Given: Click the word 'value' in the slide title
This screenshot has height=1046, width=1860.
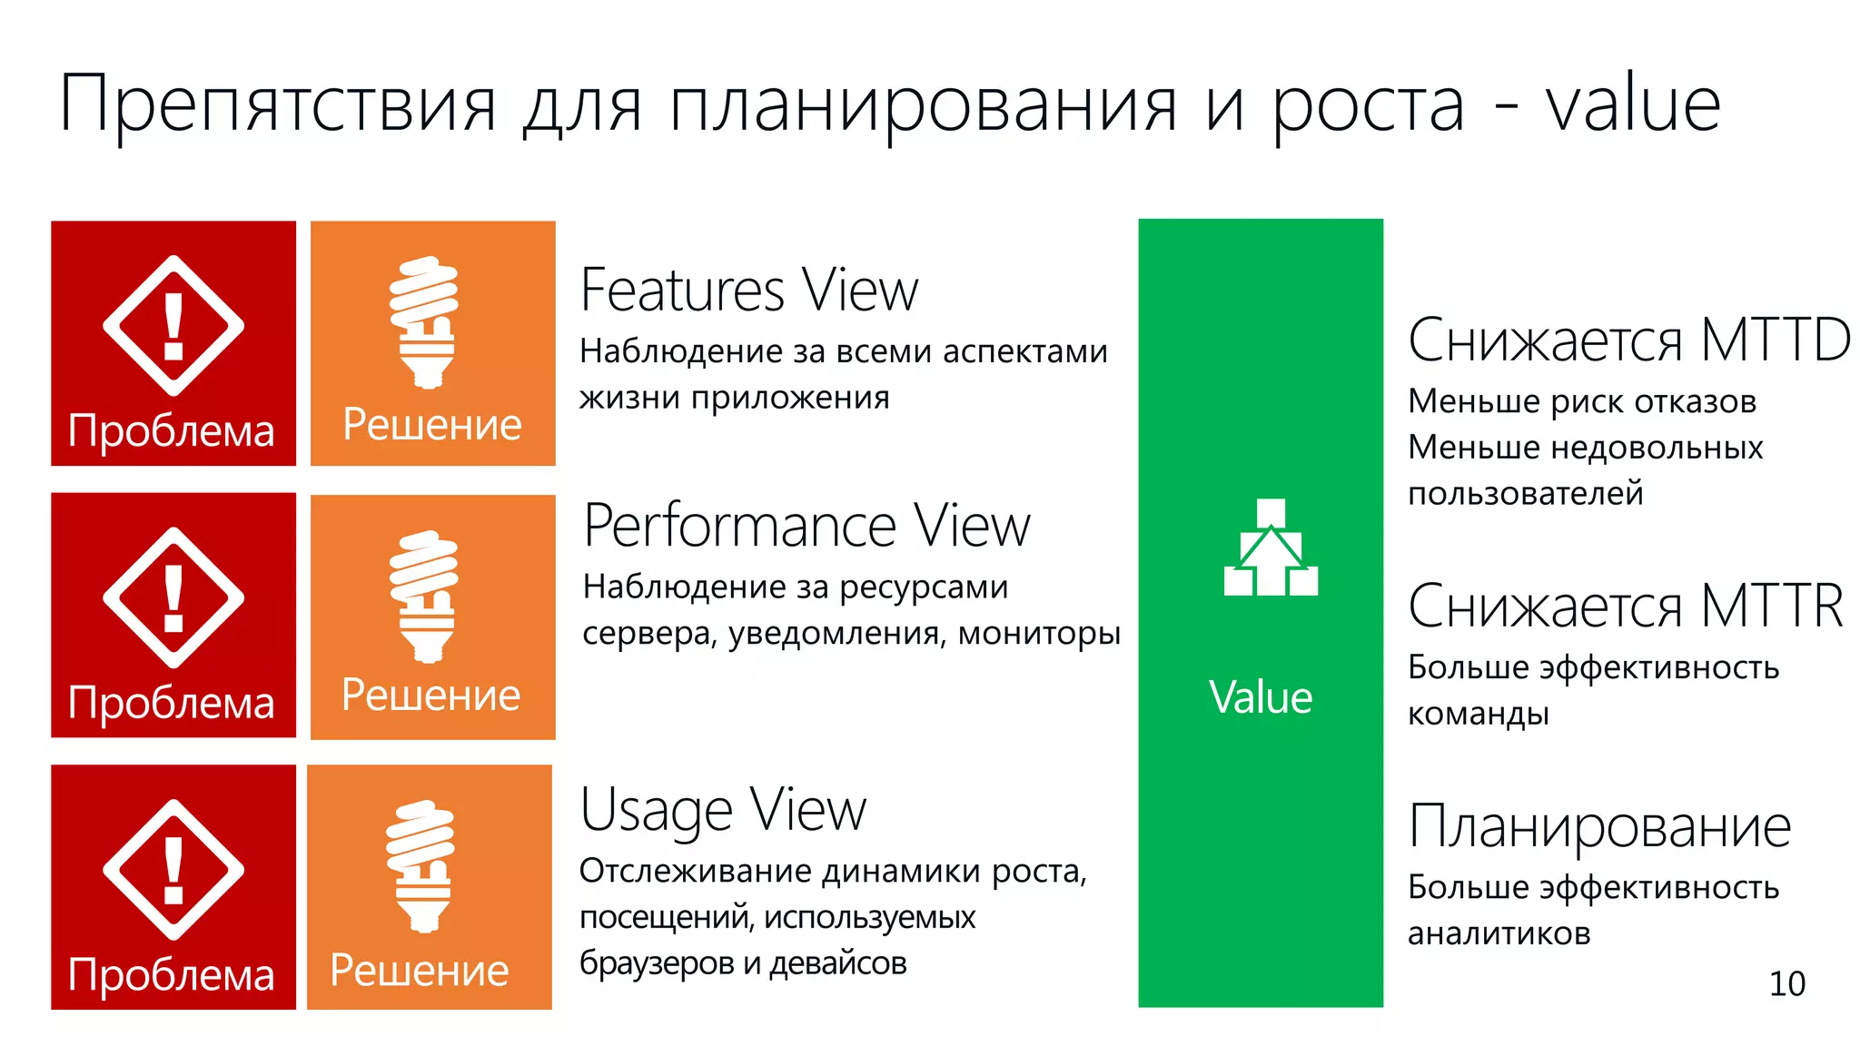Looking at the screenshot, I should click(x=1632, y=105).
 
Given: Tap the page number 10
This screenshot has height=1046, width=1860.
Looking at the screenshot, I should click(x=1786, y=984).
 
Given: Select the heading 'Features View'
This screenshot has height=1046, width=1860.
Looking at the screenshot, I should click(x=748, y=291).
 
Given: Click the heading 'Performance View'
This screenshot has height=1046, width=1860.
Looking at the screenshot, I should click(x=806, y=526).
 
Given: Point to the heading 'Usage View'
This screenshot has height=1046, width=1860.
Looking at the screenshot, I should click(x=723, y=810).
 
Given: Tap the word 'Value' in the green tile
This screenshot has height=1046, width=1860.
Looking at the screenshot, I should click(x=1261, y=697).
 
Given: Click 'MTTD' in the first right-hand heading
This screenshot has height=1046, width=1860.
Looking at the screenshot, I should click(x=1775, y=340).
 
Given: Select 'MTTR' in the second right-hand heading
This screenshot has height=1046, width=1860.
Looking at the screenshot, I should click(x=1771, y=607).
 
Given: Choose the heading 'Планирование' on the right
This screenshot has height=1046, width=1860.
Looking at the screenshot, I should click(x=1599, y=827).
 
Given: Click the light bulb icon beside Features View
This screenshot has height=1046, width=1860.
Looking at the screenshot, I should click(x=424, y=321).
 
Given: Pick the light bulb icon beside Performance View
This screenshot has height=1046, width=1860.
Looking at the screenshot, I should click(x=424, y=596).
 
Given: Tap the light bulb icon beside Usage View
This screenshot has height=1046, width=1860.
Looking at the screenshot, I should click(x=420, y=865).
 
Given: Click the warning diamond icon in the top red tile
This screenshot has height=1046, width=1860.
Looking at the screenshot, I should click(x=173, y=325).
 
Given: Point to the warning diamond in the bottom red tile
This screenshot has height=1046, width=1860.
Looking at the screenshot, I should click(x=173, y=869).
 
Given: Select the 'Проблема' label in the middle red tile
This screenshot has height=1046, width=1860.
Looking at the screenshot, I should click(x=172, y=703).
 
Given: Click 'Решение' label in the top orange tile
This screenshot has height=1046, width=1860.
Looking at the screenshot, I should click(x=432, y=425).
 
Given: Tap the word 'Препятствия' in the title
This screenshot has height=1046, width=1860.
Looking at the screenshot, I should click(x=278, y=105).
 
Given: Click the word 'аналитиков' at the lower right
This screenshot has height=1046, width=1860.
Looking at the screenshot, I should click(x=1499, y=933).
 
